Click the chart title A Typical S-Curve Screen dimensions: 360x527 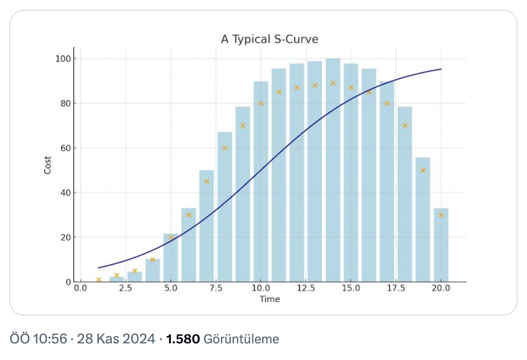tap(269, 39)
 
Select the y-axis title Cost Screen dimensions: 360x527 tap(48, 165)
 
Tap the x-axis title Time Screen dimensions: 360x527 tap(269, 299)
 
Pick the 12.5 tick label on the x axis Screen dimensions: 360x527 tap(305, 288)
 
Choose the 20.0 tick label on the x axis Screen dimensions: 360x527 tap(441, 288)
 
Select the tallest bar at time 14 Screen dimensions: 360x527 tap(333, 171)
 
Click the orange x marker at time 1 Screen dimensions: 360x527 tap(99, 280)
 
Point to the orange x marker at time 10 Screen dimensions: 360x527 tap(261, 103)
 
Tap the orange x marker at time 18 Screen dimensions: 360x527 tap(405, 126)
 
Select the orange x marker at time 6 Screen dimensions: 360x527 tap(189, 215)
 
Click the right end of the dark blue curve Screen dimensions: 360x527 tap(441, 69)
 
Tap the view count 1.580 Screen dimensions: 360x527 tap(183, 339)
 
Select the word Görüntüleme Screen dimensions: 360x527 tap(241, 339)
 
